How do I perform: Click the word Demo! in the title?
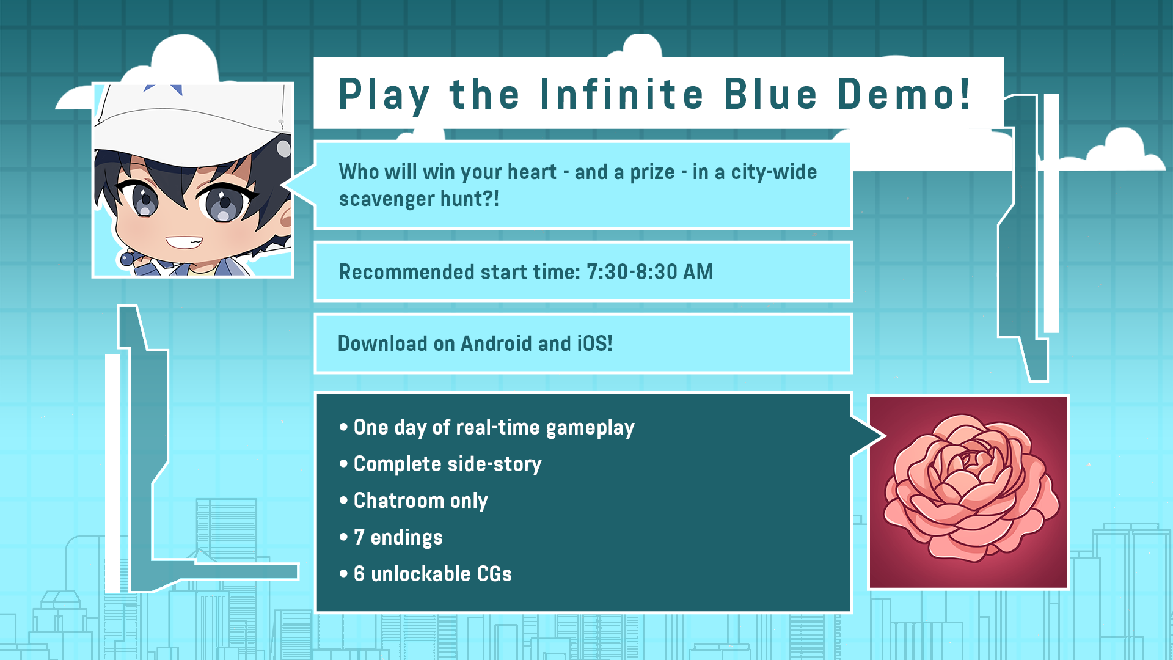(x=904, y=95)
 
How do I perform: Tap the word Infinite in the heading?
(x=622, y=95)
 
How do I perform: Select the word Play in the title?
(x=384, y=97)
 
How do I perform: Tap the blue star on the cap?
(x=164, y=89)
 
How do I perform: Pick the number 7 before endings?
(x=359, y=537)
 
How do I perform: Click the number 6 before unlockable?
(x=359, y=574)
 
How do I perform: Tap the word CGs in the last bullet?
(x=494, y=574)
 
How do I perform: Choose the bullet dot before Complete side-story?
(x=344, y=464)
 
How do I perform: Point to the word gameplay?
(x=590, y=428)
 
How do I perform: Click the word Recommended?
(x=406, y=272)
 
